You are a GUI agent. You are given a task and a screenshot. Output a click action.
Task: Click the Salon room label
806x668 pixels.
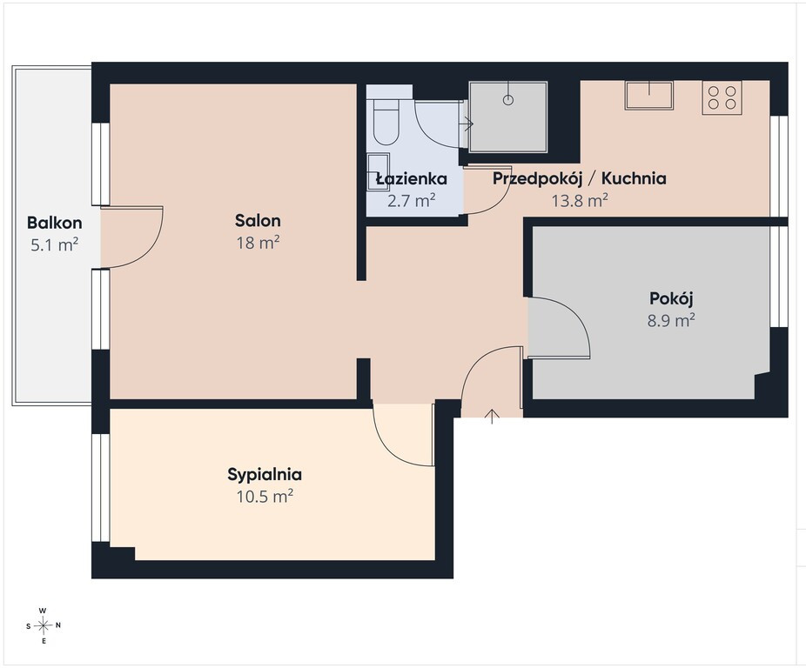coord(258,220)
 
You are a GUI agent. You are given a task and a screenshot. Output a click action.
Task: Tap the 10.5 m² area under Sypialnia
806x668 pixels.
coord(265,497)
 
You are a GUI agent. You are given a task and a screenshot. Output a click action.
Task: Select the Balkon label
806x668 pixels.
coord(55,223)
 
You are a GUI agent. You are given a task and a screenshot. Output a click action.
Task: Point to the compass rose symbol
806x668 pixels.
coord(44,625)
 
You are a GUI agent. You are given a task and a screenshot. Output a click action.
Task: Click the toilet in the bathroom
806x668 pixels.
coord(386,122)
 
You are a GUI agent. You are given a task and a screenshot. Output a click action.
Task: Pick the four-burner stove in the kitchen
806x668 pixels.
coord(722,97)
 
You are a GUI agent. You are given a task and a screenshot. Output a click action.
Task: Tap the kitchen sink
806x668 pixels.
coord(648,95)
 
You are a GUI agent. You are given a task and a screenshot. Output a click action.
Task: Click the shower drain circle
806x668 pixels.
coord(507,100)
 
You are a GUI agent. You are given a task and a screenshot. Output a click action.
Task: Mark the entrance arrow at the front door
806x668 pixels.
coord(492,417)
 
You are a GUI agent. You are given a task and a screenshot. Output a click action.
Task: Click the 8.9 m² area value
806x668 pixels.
coord(671,321)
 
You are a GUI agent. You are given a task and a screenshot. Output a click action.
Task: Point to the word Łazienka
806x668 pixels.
coord(411,178)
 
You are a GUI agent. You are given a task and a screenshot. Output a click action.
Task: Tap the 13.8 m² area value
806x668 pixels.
coord(580,200)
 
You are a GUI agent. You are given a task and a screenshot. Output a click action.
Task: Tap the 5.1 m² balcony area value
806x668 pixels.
coord(55,244)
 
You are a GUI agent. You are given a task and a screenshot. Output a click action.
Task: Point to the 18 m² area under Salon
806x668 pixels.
coord(258,243)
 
